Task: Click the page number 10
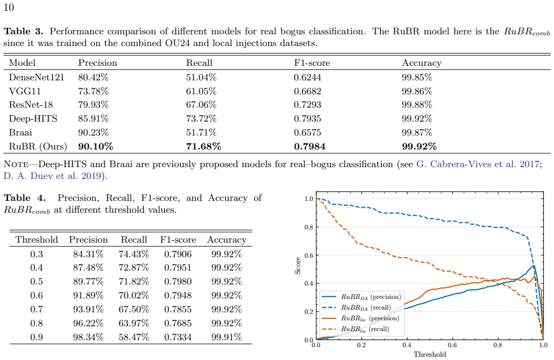point(9,7)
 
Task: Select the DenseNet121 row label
point(36,77)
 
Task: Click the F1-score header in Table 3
point(312,63)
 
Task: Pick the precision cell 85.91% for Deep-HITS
point(93,118)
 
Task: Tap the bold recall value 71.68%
point(203,146)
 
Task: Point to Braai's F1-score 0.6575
point(307,133)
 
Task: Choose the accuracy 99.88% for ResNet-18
point(417,104)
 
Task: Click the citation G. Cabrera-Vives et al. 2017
point(477,164)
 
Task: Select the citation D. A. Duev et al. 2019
point(52,176)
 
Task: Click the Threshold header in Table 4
point(37,240)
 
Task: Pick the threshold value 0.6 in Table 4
point(36,295)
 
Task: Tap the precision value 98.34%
point(88,337)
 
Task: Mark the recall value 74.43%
point(134,254)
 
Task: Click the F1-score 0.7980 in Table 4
point(178,281)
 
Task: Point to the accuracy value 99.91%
point(226,337)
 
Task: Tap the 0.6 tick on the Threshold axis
point(452,345)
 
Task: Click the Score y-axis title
point(298,266)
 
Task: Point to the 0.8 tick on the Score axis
point(308,227)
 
